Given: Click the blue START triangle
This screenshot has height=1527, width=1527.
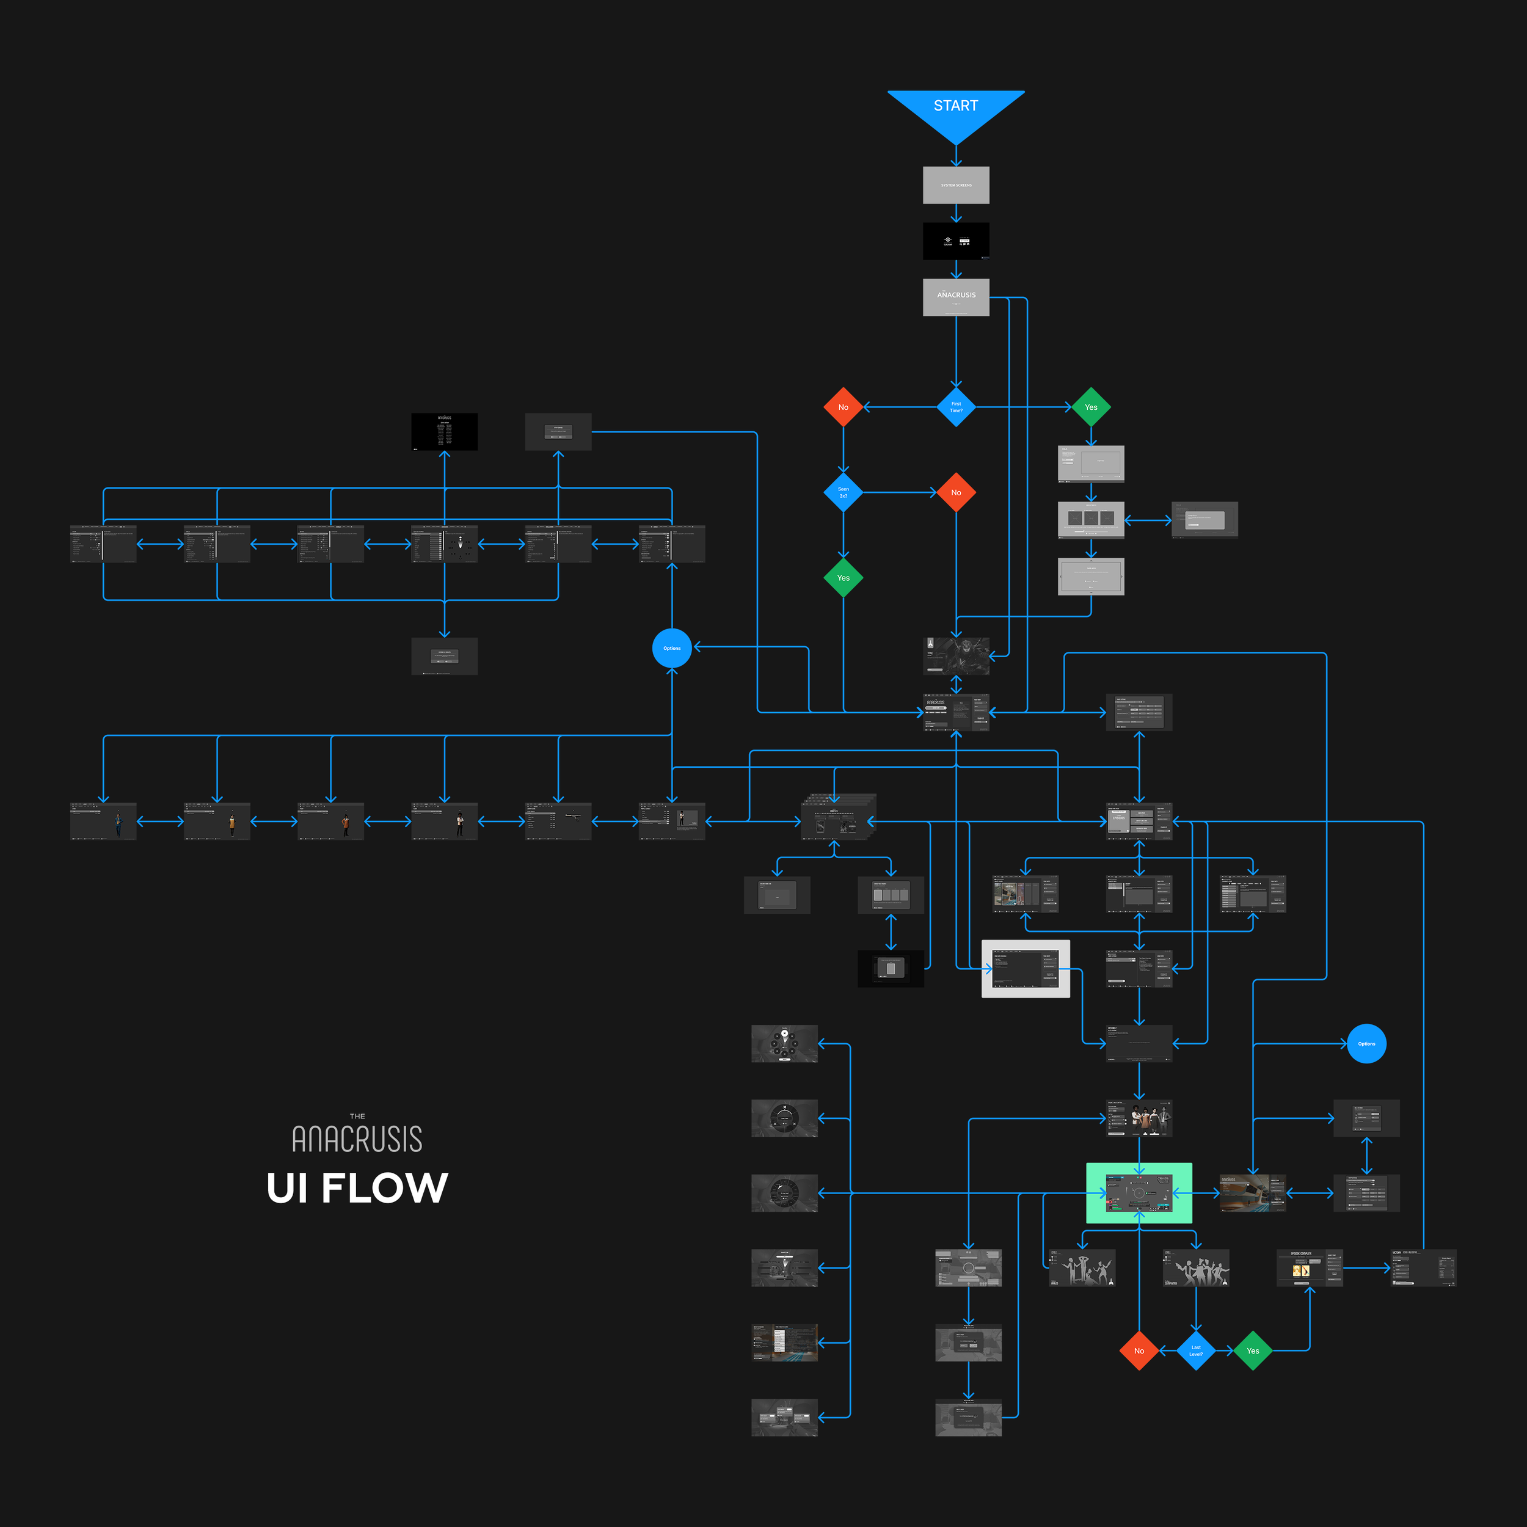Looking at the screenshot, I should (x=955, y=111).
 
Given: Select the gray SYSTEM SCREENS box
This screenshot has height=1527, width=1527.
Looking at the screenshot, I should (x=955, y=185).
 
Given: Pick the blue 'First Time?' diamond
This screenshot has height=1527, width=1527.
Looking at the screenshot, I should (x=955, y=407).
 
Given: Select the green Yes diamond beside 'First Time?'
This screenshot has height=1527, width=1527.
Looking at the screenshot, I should (x=1091, y=407).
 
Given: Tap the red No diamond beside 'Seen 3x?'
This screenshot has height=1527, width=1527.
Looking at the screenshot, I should (x=955, y=492).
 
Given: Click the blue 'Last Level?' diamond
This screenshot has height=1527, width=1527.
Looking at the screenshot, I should (x=1196, y=1350).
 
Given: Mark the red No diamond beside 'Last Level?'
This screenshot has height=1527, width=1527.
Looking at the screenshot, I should (x=1139, y=1350).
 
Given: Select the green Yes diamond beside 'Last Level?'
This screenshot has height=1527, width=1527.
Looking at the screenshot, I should (x=1253, y=1350).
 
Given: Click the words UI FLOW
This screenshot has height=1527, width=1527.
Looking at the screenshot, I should (x=357, y=1188).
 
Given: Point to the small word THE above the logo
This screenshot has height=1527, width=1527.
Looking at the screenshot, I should (x=357, y=1116).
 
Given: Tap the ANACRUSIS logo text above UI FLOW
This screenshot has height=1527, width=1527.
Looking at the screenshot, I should (x=357, y=1139).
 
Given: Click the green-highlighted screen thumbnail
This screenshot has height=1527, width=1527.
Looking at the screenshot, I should (x=1139, y=1193).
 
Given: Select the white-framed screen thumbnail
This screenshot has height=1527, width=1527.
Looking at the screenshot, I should (x=1025, y=968).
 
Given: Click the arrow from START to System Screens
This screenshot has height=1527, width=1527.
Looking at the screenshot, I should (x=955, y=156).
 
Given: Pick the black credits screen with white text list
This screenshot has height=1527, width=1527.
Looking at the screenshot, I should (x=444, y=432).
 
